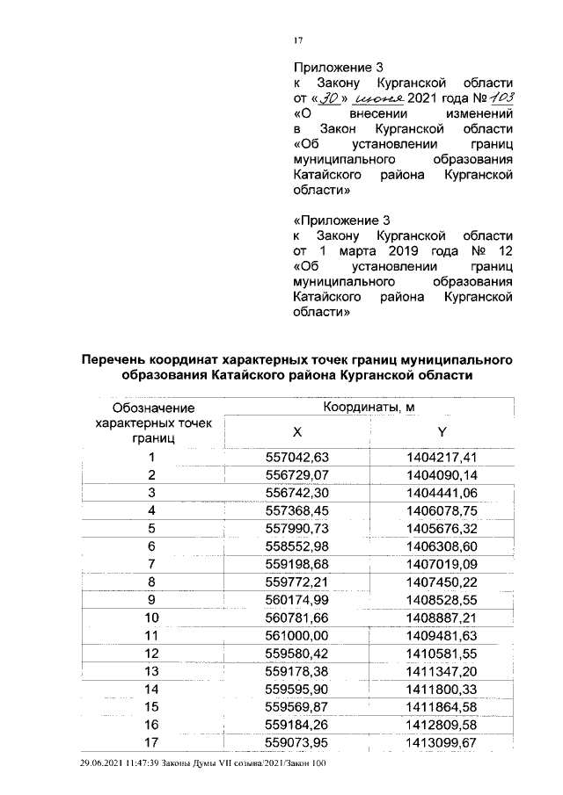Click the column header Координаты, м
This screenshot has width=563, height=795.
pyautogui.click(x=369, y=408)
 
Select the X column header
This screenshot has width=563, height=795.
pyautogui.click(x=296, y=432)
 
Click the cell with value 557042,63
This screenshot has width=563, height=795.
pyautogui.click(x=296, y=457)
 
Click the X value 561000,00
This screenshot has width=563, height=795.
pyautogui.click(x=296, y=635)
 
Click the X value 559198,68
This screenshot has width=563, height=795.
pyautogui.click(x=296, y=563)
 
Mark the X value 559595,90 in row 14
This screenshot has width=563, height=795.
pyautogui.click(x=296, y=689)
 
